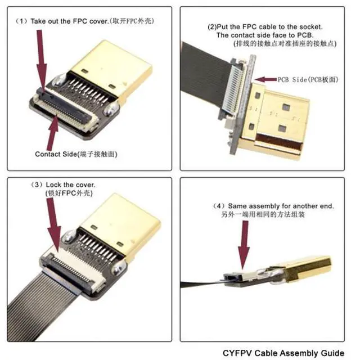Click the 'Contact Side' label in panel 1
pos(56,154)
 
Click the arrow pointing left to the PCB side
pos(265,79)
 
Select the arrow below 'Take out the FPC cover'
pos(41,60)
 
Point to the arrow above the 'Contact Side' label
pos(52,133)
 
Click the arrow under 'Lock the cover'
pos(53,225)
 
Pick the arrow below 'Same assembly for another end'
pos(244,245)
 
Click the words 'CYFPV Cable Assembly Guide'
pos(283,353)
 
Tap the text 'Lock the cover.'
pos(70,185)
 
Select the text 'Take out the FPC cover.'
pos(69,21)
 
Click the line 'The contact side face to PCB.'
pos(265,35)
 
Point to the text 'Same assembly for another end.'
pos(281,206)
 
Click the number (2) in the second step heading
pos(212,27)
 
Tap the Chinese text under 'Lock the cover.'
pos(69,193)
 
